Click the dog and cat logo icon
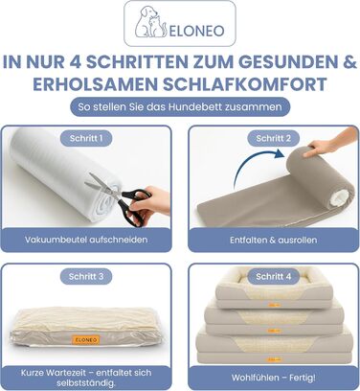pos(150,21)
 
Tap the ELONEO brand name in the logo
pos(196,31)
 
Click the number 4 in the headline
pos(76,62)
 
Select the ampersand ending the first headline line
pos(350,62)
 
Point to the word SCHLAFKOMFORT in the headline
pos(245,84)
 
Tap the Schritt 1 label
pos(86,138)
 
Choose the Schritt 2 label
pos(274,138)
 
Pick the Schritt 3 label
pos(86,276)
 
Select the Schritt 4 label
pos(274,276)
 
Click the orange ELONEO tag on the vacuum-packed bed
pos(86,339)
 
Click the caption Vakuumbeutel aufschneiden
pos(86,240)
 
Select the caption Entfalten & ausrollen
pos(274,240)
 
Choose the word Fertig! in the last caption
pos(303,378)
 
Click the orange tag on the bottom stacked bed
pos(274,359)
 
